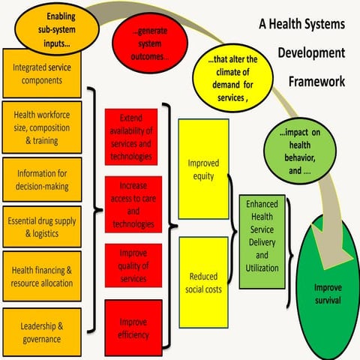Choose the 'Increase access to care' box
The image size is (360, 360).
pyautogui.click(x=131, y=202)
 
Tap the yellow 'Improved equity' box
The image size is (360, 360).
pyautogui.click(x=202, y=170)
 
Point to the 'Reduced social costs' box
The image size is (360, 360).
pyautogui.click(x=202, y=283)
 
